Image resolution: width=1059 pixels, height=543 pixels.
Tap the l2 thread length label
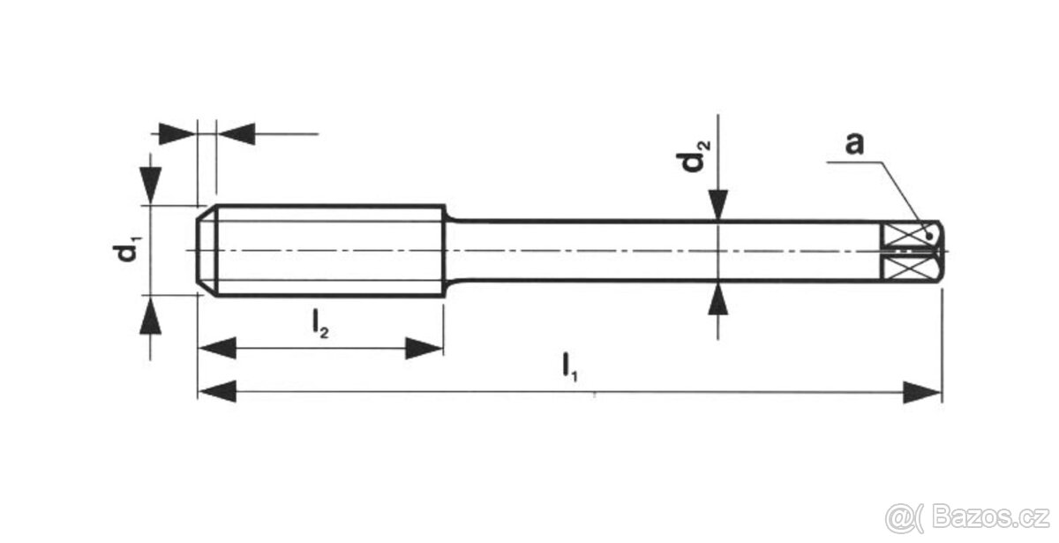click(x=319, y=326)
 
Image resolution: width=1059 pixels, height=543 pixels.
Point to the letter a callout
click(x=852, y=144)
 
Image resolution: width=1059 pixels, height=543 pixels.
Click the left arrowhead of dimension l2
click(x=216, y=348)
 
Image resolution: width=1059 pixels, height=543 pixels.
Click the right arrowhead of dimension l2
click(x=424, y=348)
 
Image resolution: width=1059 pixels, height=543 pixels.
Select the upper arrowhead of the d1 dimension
click(x=151, y=184)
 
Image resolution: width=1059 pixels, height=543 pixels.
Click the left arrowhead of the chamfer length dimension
click(x=176, y=134)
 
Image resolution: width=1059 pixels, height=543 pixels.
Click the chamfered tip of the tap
click(x=205, y=252)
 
